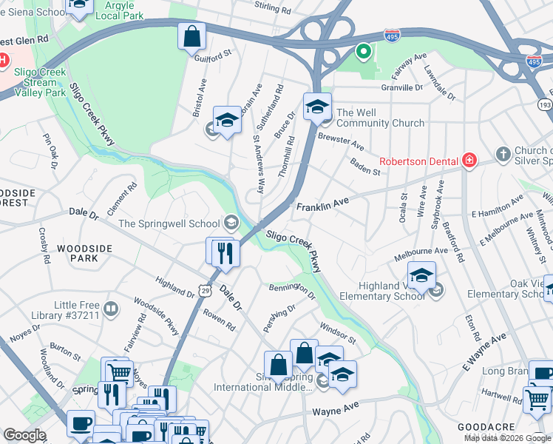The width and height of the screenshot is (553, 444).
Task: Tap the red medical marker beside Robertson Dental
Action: (x=469, y=160)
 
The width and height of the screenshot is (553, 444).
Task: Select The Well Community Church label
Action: (x=380, y=118)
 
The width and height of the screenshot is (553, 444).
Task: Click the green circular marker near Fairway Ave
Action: (x=362, y=52)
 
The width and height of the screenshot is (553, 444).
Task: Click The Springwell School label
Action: (x=169, y=223)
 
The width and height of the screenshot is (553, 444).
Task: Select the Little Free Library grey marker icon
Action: (x=111, y=308)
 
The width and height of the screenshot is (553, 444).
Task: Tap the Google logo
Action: (x=24, y=435)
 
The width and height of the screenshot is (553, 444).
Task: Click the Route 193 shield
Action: (x=546, y=107)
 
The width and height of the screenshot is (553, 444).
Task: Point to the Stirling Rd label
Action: (x=273, y=9)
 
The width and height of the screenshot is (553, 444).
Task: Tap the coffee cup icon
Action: (x=81, y=424)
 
